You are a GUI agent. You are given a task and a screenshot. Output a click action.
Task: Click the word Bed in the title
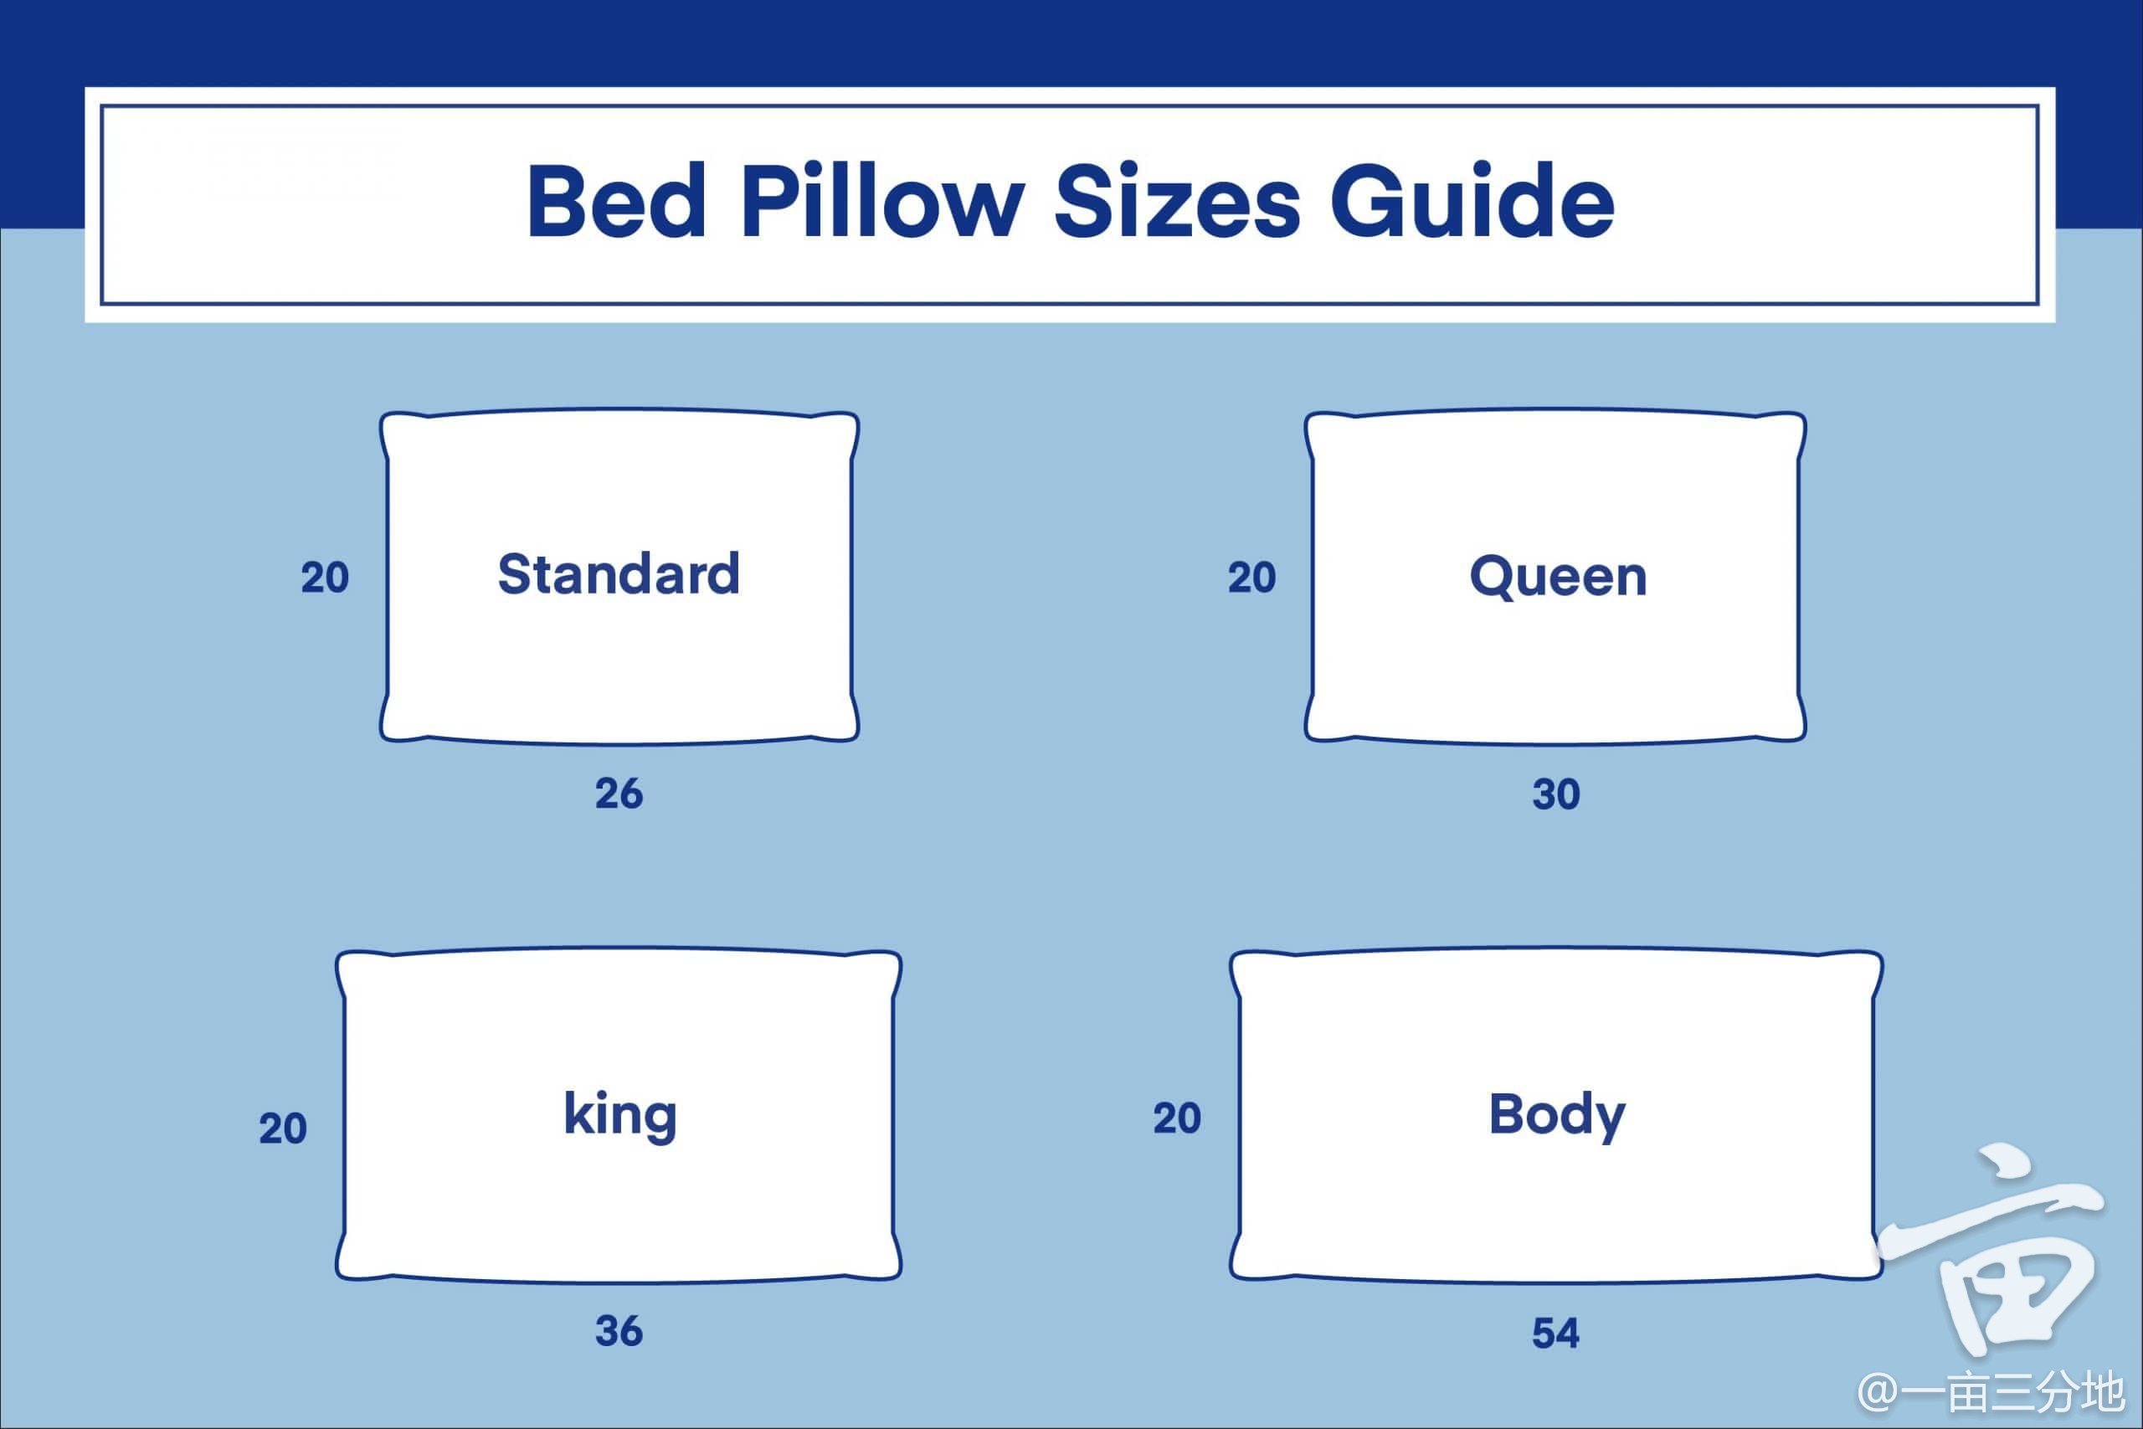point(617,203)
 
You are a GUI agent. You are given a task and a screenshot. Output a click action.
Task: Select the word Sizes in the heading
point(1177,203)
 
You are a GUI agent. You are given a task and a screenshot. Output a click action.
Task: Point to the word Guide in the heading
point(1472,203)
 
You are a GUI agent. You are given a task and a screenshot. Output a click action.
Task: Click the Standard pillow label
point(619,574)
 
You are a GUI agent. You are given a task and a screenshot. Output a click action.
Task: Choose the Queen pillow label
point(1558,577)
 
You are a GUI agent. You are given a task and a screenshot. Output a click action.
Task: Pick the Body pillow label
point(1557,1116)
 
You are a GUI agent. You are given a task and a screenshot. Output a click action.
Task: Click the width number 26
point(619,794)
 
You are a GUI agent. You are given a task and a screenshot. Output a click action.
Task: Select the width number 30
point(1556,794)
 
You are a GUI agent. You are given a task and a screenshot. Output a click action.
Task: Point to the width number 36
point(619,1332)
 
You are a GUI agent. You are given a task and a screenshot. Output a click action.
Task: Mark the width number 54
point(1556,1334)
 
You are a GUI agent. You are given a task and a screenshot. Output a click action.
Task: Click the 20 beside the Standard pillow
point(326,578)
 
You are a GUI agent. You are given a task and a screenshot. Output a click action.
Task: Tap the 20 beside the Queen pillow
point(1252,578)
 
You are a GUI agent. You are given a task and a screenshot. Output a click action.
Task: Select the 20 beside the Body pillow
point(1177,1118)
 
